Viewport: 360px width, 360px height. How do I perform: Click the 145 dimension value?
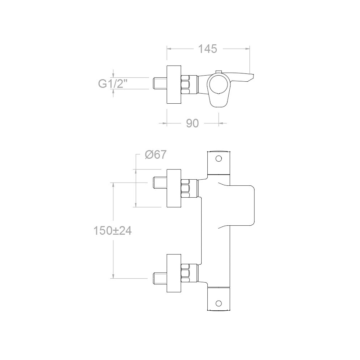pos(207,49)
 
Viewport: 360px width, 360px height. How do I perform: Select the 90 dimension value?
pos(192,123)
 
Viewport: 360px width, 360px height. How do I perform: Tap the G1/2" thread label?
pos(112,84)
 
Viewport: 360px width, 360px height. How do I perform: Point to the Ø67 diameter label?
pos(156,154)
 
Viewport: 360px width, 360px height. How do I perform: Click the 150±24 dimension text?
pos(112,231)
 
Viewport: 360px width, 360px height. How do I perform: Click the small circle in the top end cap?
pos(219,158)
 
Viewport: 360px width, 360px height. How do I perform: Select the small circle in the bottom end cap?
pos(219,303)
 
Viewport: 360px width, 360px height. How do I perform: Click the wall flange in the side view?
pos(174,85)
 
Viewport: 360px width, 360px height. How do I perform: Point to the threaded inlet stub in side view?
pos(160,84)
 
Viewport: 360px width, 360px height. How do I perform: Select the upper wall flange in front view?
pos(174,188)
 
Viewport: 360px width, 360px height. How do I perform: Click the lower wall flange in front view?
pos(174,273)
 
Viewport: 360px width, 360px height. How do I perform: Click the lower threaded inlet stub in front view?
pos(160,279)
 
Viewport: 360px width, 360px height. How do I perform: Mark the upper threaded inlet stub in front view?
pos(160,183)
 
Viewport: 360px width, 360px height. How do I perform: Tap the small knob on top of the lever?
pos(219,72)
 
